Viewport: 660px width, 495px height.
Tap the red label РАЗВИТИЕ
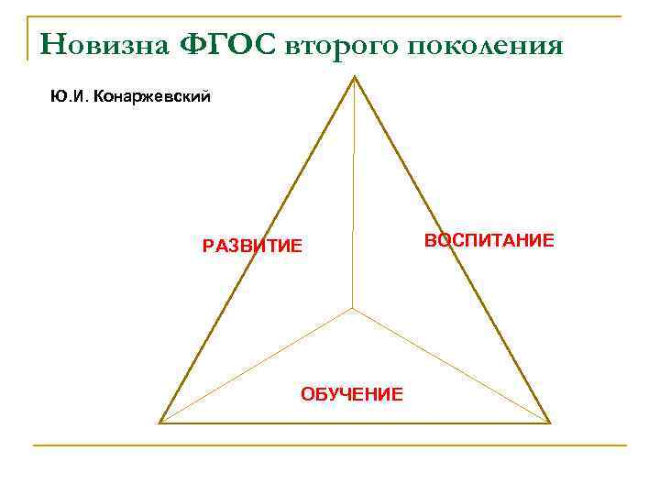252,246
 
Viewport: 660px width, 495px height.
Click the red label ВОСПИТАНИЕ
489,240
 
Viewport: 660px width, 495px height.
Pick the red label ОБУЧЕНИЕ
352,394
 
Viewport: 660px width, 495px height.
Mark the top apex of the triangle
355,77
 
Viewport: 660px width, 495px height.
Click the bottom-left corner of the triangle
161,422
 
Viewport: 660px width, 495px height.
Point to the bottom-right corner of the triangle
548,422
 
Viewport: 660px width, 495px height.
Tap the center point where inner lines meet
353,308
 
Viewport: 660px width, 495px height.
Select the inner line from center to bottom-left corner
257,365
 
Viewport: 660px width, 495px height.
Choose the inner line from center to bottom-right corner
451,365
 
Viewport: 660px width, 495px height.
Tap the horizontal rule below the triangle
330,445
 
